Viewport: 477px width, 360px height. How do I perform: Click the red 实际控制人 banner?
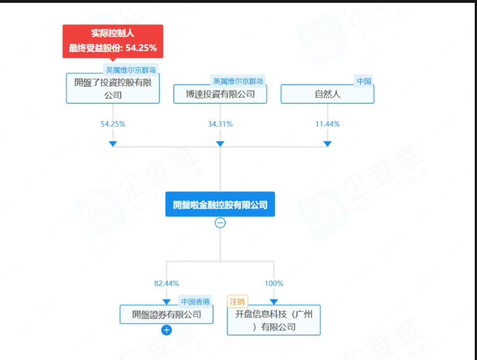[113, 41]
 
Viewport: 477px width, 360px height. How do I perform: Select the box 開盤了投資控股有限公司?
[113, 88]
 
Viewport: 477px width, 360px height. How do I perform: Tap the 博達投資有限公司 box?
[220, 94]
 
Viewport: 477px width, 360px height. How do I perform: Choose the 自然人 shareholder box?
[327, 94]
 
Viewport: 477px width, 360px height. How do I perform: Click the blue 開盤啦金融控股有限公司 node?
[220, 204]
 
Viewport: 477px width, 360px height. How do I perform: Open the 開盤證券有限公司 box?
[166, 314]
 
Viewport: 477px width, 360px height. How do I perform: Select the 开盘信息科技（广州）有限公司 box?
[274, 320]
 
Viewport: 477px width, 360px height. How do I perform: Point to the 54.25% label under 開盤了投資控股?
[113, 124]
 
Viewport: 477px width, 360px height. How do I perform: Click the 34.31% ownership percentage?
[220, 124]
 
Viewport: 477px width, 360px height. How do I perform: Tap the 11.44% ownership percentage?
[327, 124]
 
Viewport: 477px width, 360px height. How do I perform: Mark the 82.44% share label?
[166, 283]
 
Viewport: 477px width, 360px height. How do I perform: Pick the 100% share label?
[274, 283]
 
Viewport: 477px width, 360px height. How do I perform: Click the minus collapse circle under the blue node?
[220, 223]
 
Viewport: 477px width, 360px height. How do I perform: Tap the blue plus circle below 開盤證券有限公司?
[166, 330]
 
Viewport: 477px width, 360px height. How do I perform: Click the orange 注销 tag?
[238, 302]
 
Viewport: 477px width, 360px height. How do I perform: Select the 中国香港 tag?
[194, 302]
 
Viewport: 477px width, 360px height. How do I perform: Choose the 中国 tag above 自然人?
[364, 81]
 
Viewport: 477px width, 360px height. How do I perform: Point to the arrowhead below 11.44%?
[327, 144]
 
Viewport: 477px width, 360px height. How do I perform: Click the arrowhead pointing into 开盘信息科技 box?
[274, 302]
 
